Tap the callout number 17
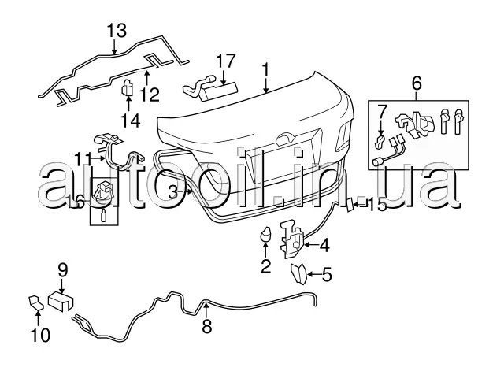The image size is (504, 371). (x=225, y=60)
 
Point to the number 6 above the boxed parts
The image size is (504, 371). (x=417, y=82)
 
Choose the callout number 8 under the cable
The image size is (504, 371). (x=207, y=326)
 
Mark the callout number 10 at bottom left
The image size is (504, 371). (x=39, y=336)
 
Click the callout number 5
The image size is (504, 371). (x=327, y=275)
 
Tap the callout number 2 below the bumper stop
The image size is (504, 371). (x=265, y=264)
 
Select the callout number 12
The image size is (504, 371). (x=149, y=95)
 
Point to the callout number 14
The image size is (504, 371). (x=127, y=121)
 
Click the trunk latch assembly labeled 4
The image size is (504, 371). (x=292, y=237)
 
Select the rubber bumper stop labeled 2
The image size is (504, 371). (x=266, y=234)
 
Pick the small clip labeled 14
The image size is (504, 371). (x=126, y=89)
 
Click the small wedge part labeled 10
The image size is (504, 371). (x=35, y=302)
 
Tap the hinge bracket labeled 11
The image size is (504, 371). (x=118, y=150)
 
